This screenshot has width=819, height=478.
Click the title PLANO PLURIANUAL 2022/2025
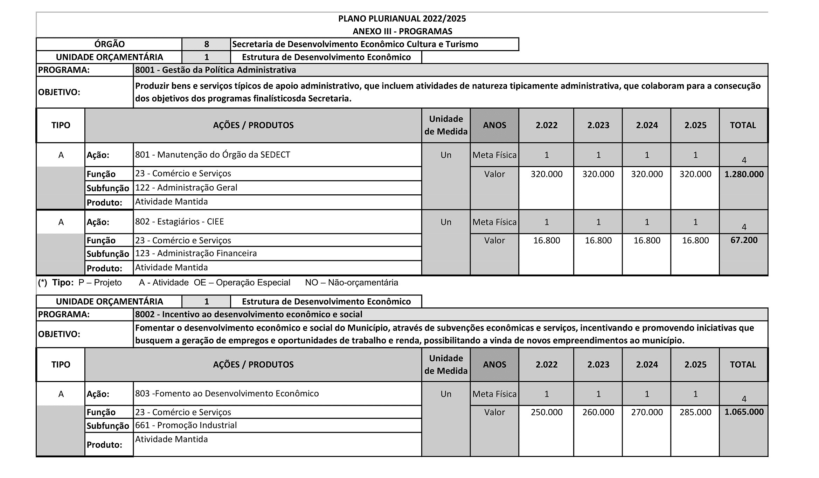pos(402,19)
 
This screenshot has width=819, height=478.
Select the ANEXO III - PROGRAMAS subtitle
pos(402,31)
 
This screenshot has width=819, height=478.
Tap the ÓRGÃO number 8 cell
pos(206,44)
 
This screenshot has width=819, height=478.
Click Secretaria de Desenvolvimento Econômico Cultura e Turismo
pos(355,44)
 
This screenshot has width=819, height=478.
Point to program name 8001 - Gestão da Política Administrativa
pos(215,70)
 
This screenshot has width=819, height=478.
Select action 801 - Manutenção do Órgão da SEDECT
pos(213,154)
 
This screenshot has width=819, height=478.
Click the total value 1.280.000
pos(744,174)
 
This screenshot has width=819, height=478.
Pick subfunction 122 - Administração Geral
pos(186,187)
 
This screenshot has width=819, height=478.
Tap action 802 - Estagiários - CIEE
pos(179,221)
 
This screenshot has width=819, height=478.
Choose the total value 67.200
pos(744,240)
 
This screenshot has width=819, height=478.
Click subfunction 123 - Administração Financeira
pos(196,253)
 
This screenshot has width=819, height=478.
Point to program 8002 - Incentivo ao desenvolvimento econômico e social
pos(249,314)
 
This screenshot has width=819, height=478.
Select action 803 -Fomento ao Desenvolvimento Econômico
pos(227,393)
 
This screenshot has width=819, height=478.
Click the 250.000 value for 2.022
pos(546,412)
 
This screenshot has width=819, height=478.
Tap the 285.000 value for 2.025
pos(695,412)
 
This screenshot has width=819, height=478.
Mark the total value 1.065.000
pos(744,412)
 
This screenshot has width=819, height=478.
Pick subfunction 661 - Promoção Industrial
pos(186,425)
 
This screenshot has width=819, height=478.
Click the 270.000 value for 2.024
pos(647,412)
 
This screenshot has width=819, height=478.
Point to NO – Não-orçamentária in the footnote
pos(351,282)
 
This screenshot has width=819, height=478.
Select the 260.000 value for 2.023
pos(598,412)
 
